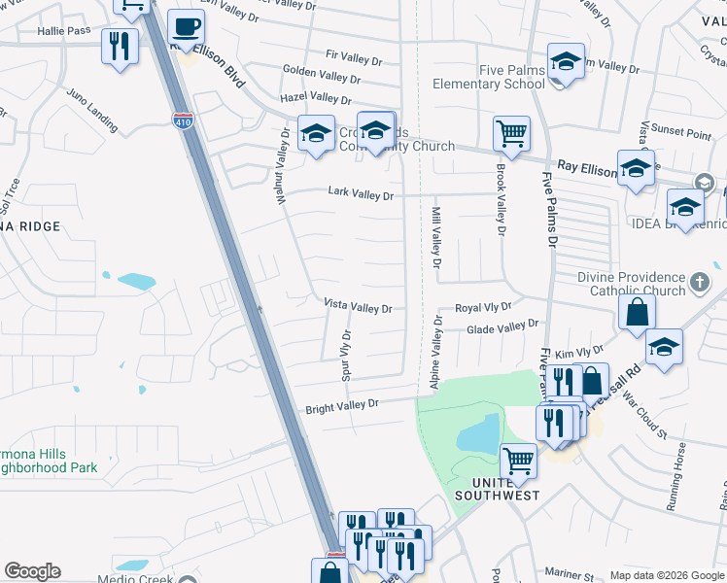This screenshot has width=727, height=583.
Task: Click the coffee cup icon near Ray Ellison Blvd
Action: [186, 27]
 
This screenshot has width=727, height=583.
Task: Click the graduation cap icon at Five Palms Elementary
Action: [566, 62]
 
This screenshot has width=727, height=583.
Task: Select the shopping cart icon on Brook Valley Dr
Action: [511, 133]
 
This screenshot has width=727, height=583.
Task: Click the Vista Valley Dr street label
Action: [358, 308]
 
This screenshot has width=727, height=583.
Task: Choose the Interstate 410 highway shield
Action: [183, 121]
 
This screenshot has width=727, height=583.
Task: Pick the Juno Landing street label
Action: [92, 111]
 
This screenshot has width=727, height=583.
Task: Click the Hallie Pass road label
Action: [64, 31]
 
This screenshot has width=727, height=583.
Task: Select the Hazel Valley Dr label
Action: [316, 99]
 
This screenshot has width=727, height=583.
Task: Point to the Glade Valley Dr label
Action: [502, 329]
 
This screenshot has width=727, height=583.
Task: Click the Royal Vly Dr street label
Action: [483, 307]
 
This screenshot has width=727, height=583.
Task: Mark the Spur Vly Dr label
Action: [345, 354]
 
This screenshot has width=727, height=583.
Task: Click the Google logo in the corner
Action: [32, 571]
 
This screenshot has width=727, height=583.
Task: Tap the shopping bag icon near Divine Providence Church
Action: [637, 312]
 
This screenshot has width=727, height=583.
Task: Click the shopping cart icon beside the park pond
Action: [518, 462]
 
